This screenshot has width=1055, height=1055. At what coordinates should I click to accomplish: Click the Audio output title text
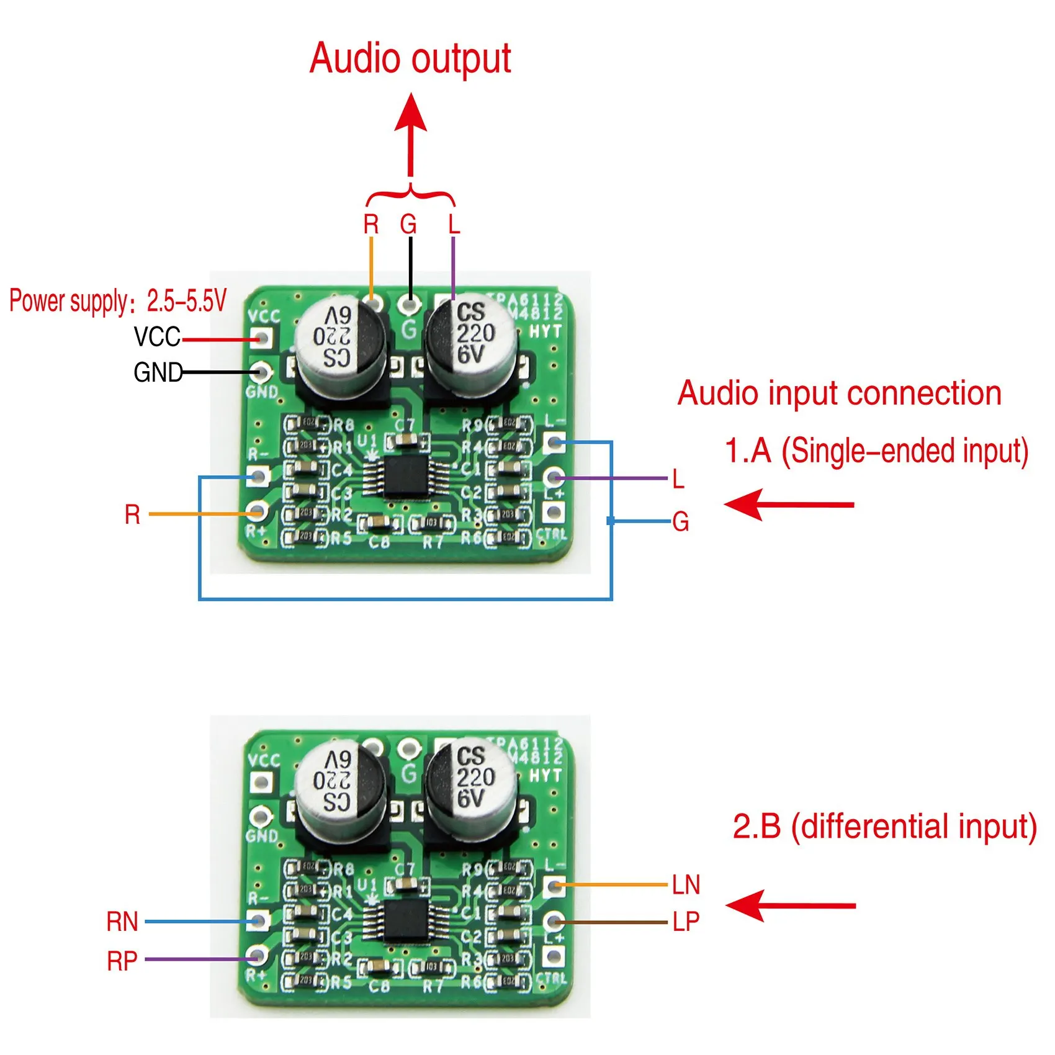410,58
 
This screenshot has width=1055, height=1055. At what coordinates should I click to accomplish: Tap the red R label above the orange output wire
370,224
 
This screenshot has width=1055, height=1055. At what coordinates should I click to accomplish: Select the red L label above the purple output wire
454,224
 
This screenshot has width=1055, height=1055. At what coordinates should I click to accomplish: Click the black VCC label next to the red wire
157,337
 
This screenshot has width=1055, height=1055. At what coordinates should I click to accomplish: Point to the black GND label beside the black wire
158,372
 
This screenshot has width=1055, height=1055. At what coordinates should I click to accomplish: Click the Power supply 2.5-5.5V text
118,301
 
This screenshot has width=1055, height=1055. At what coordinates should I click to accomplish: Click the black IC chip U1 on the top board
404,477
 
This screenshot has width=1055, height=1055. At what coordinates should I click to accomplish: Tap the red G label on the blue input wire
681,522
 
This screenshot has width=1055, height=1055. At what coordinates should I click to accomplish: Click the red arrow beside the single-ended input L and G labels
789,504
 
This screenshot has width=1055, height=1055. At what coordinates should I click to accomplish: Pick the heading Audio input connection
839,393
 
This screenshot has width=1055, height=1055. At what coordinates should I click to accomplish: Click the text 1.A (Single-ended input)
876,451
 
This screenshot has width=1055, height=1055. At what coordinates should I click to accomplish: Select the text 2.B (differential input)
884,827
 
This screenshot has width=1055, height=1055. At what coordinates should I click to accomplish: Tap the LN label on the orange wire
686,885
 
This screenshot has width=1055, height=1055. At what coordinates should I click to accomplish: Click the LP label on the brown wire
686,922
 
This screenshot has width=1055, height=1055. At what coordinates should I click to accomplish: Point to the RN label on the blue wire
122,922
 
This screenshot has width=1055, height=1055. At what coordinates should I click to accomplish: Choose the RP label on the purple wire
122,961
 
